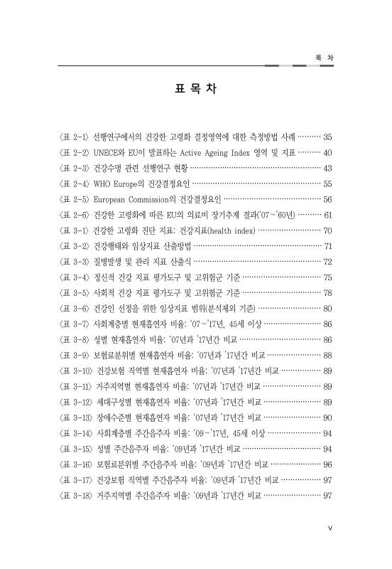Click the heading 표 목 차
tap(195, 90)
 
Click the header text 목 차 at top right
tap(323, 58)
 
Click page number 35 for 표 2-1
tap(328, 135)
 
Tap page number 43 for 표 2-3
tap(328, 169)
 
